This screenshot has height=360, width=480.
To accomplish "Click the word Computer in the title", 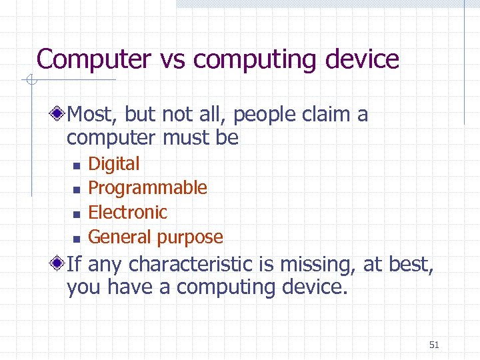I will tap(95, 59).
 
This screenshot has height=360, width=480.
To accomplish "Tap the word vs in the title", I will tap(173, 59).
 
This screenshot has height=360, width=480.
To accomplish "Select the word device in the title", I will tap(362, 59).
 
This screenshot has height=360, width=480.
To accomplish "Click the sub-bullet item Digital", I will tap(114, 164).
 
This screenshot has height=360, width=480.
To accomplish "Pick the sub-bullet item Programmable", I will tap(147, 188).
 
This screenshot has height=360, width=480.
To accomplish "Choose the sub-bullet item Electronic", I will tap(127, 212).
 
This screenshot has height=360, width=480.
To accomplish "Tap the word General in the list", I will tap(118, 237).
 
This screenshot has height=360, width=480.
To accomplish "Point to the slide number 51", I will tap(434, 345).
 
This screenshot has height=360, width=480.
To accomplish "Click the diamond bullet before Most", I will tap(59, 115).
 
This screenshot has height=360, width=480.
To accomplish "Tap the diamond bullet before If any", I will tap(59, 265).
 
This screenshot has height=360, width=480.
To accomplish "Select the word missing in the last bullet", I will tap(317, 265).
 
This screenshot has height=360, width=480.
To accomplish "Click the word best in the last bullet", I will tap(408, 265).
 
